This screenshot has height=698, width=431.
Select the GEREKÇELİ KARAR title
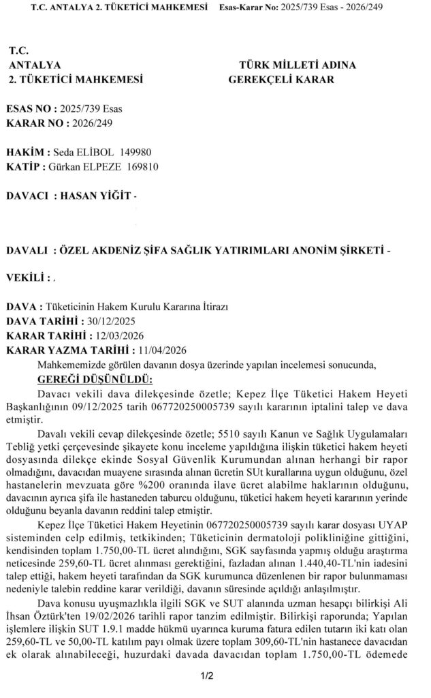coord(281,80)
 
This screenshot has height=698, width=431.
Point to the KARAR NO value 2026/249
coord(88,123)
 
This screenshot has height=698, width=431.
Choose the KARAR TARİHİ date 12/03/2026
coord(113,335)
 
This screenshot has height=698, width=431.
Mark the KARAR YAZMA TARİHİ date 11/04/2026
coord(162,350)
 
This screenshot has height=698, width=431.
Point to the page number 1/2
coord(208,676)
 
